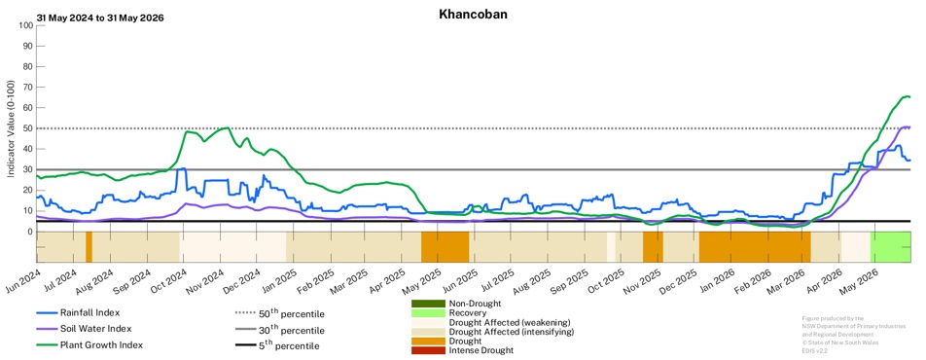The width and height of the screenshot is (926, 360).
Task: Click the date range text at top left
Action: [100, 18]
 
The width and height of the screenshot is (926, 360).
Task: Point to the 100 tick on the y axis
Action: [25, 25]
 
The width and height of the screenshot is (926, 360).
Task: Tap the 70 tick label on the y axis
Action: [27, 88]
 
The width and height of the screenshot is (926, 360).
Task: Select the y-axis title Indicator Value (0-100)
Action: [10, 128]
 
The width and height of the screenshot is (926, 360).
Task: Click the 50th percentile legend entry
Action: [279, 313]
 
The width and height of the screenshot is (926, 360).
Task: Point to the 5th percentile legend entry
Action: [277, 345]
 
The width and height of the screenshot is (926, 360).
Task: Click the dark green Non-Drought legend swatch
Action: [428, 304]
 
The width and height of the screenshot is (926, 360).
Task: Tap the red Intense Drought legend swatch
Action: [428, 350]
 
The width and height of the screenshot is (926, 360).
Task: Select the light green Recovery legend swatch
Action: [428, 312]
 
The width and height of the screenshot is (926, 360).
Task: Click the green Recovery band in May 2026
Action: [891, 247]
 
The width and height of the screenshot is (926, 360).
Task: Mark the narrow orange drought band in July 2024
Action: [89, 247]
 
